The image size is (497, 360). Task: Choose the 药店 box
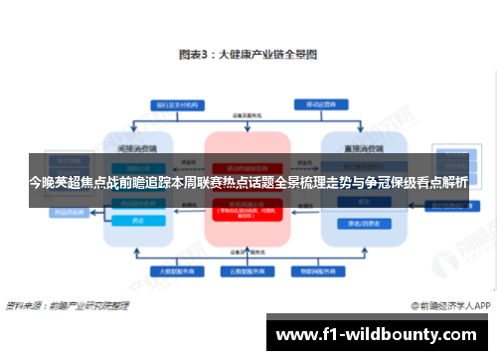(138, 220)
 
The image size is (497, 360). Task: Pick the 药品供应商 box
(69, 212)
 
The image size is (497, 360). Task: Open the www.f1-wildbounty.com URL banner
(378, 333)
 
